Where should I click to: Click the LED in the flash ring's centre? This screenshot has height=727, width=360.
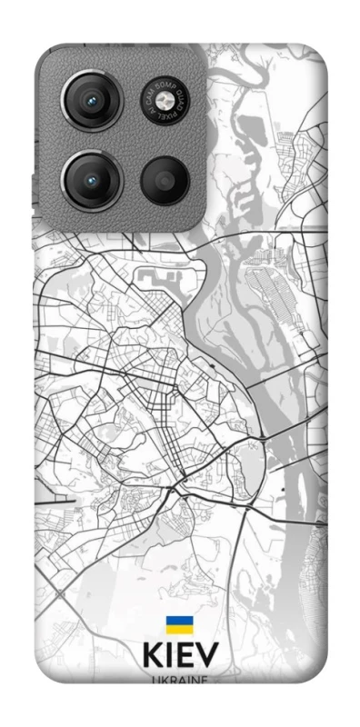click(x=166, y=100)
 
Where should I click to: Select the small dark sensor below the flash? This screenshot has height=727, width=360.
click(x=166, y=180)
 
